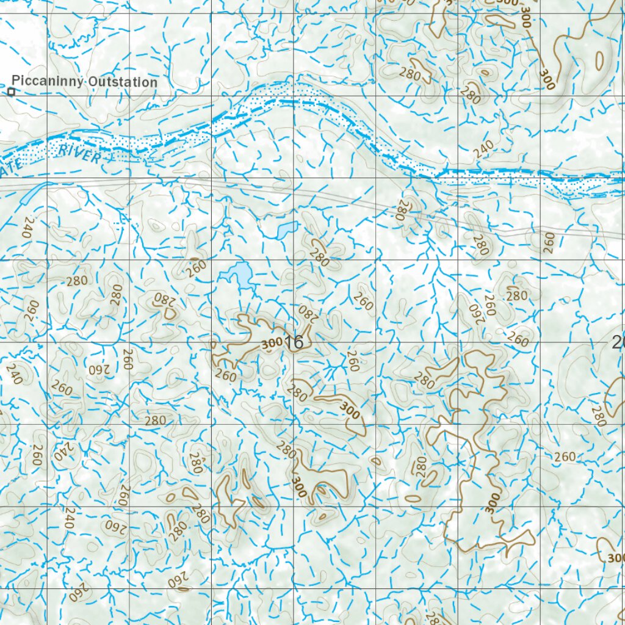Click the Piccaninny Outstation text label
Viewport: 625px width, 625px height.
84,82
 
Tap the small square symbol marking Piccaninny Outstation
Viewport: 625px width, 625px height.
11,92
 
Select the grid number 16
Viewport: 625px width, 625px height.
294,342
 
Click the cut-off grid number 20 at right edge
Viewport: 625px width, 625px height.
618,342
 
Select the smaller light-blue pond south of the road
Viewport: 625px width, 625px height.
287,229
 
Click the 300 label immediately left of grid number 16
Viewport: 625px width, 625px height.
272,344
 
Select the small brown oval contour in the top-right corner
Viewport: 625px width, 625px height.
599,59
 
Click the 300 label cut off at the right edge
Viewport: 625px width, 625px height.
616,557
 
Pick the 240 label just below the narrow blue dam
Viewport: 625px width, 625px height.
27,227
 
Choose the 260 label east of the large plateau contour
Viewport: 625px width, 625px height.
565,457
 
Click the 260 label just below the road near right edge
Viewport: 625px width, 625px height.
549,242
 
